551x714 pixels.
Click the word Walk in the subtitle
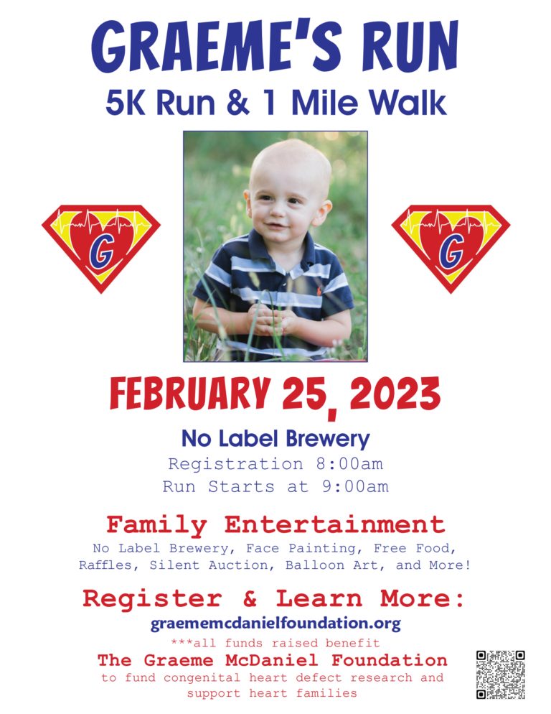(408, 102)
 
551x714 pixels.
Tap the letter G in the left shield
(101, 252)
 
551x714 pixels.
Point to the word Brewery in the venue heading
(328, 440)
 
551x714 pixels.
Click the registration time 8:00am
(349, 464)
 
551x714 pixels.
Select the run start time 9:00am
(355, 486)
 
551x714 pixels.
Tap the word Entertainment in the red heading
(334, 524)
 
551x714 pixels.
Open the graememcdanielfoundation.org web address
(275, 623)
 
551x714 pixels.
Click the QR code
(501, 674)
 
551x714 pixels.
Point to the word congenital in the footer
(202, 677)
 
